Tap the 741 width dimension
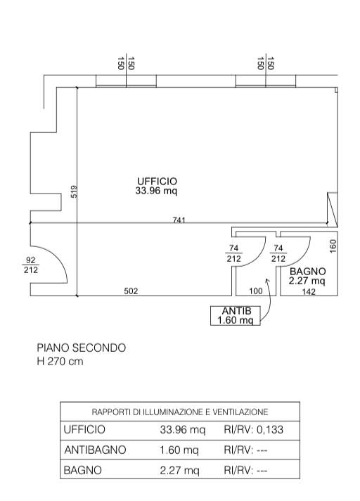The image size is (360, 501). point(179,220)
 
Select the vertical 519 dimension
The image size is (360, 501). point(74,191)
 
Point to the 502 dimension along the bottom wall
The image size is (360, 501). point(131,291)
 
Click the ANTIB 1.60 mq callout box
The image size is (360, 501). point(236,315)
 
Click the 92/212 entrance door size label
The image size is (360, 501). point(31,265)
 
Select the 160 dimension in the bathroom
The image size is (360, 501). point(333,246)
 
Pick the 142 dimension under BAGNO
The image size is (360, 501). point(309,291)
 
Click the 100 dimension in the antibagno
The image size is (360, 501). point(256,291)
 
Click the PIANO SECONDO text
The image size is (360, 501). point(82,348)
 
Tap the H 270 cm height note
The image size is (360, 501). point(60,362)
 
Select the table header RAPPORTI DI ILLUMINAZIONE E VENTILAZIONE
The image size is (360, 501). point(180,412)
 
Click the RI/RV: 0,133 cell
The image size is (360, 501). point(253,429)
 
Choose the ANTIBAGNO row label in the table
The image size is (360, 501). point(95,450)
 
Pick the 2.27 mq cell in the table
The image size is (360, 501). point(180,470)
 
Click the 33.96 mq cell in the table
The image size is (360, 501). point(183,430)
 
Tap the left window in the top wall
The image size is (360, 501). point(126,81)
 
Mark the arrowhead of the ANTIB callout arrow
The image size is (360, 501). point(267,280)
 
